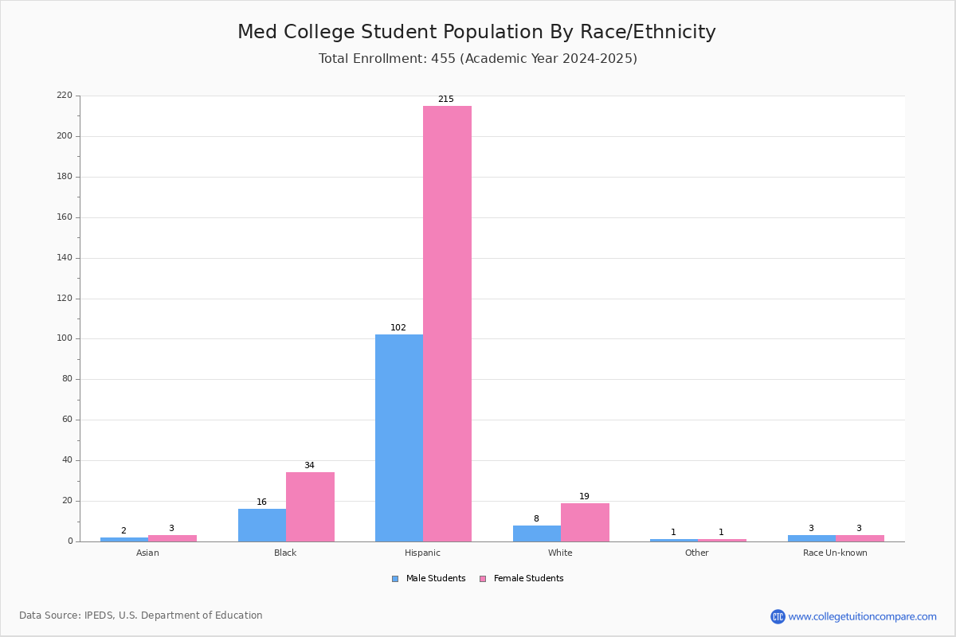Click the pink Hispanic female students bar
[447, 324]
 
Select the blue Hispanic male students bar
[399, 438]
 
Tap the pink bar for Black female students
[310, 507]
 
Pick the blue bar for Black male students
[262, 526]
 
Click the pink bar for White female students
[585, 522]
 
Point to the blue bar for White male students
[537, 533]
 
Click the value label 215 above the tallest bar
[446, 99]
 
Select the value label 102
[398, 327]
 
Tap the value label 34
[309, 465]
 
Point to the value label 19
[584, 496]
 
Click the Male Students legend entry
[429, 579]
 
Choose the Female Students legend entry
[522, 579]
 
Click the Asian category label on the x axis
[147, 553]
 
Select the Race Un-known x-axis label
[835, 553]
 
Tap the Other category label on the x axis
[697, 553]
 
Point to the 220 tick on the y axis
[65, 95]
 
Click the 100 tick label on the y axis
[65, 338]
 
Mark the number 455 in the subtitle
[444, 58]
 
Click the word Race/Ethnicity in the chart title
[648, 32]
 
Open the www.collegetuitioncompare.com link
[863, 616]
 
